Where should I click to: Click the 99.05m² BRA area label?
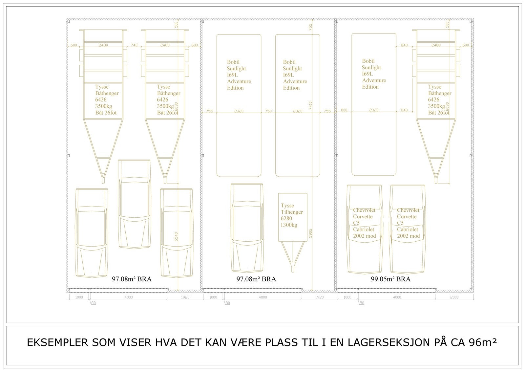tap(390, 279)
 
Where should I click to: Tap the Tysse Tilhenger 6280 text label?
tap(292, 215)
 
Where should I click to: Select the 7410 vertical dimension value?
tap(311, 105)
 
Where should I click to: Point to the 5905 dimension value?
tap(311, 233)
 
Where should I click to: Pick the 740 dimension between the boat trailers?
tap(134, 45)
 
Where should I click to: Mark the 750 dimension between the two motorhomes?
tap(268, 111)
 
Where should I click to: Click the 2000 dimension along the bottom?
tap(454, 297)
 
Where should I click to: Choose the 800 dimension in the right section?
tap(344, 110)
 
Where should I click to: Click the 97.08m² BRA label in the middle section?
tap(256, 279)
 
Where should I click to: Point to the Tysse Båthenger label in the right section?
tap(439, 99)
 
